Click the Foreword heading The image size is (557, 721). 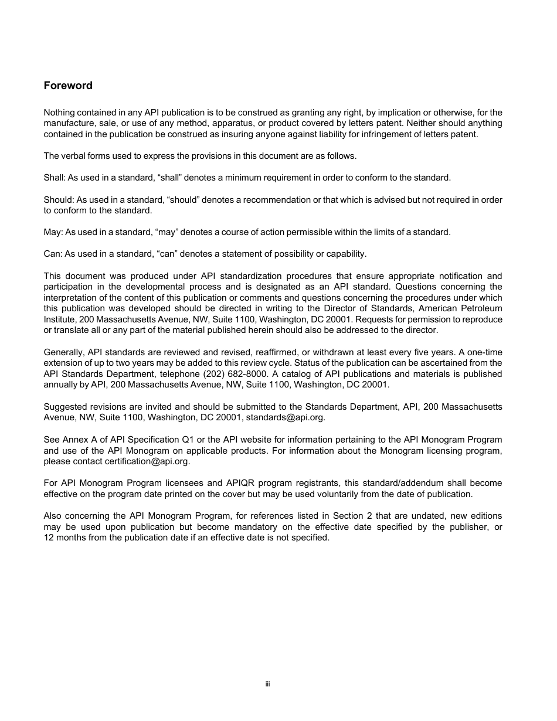point(68,86)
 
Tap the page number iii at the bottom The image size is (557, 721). point(267,684)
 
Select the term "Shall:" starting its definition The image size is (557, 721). point(55,178)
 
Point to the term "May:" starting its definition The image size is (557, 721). point(53,232)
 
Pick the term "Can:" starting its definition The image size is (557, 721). point(53,254)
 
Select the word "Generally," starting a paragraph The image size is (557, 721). point(63,352)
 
